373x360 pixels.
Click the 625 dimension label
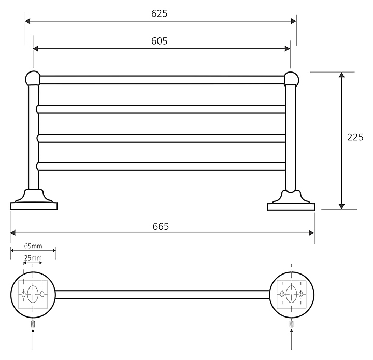[160, 14]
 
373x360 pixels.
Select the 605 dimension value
[160, 41]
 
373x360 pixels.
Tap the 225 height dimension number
[355, 137]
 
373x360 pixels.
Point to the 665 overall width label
[161, 226]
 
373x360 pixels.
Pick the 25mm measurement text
[33, 258]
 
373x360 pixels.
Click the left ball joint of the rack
[33, 78]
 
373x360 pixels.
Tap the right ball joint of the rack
[291, 79]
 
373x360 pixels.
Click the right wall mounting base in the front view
[291, 202]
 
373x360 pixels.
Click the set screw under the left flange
[33, 324]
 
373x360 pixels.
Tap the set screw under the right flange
[292, 324]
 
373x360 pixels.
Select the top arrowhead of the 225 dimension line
[341, 76]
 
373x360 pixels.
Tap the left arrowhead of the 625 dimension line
[28, 21]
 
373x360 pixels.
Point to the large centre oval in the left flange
[33, 294]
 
